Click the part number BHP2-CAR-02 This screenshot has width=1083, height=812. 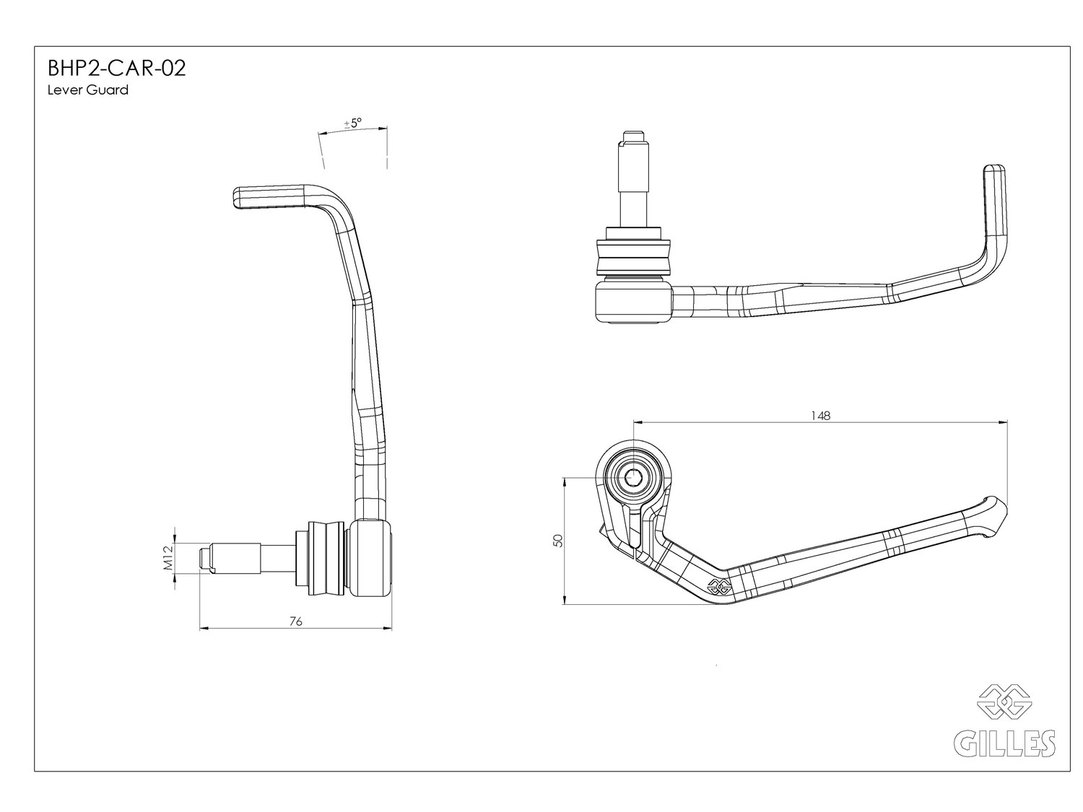[x=117, y=69]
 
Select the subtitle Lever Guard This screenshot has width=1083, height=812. [x=87, y=90]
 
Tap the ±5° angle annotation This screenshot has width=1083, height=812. [x=353, y=123]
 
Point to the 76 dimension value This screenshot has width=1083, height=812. [x=295, y=621]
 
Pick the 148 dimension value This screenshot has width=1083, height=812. [x=820, y=415]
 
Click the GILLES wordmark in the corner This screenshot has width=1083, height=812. [x=1005, y=742]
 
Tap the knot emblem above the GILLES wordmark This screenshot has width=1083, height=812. [x=1004, y=702]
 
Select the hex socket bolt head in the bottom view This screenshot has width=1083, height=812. [x=635, y=477]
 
